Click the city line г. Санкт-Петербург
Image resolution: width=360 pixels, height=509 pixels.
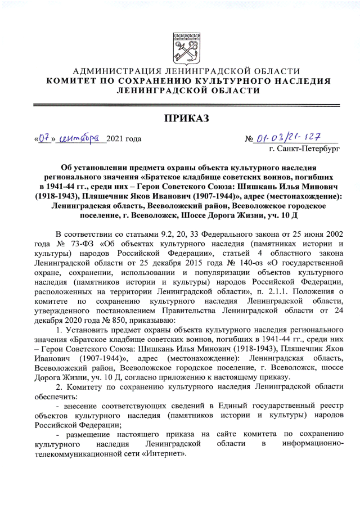(304, 150)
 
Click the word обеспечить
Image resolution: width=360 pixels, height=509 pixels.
(56, 397)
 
